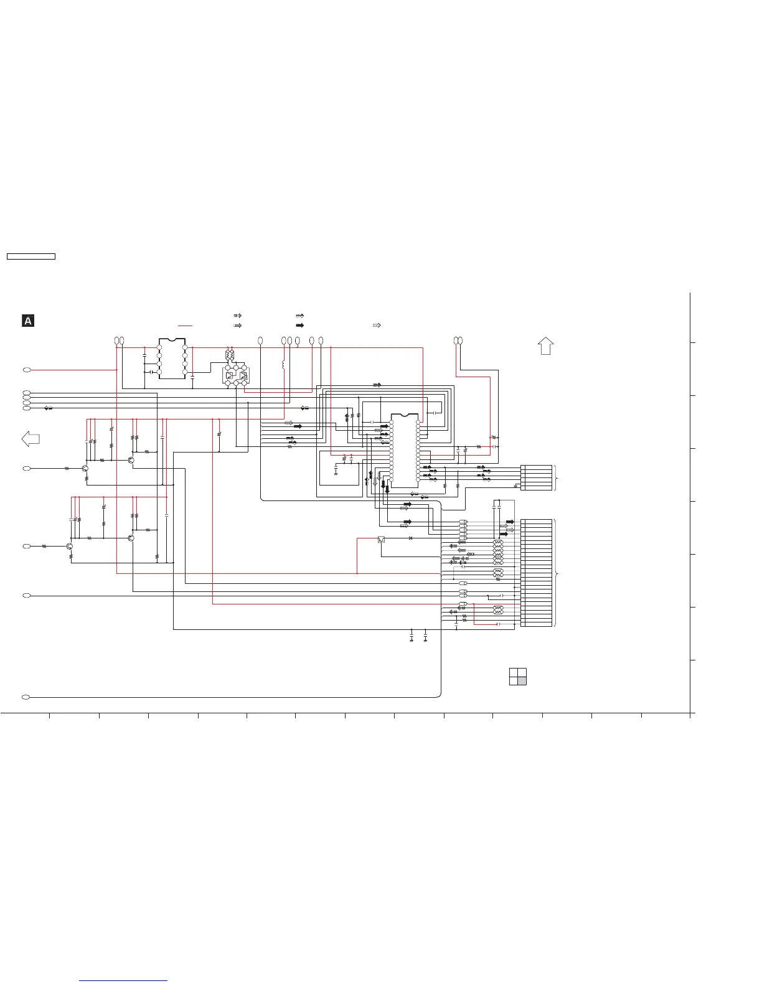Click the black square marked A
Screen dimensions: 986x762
point(28,321)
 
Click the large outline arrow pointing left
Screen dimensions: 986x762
point(31,439)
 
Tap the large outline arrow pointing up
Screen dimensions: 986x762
point(545,345)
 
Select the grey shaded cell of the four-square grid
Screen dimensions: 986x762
point(522,680)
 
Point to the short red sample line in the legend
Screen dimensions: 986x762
point(186,326)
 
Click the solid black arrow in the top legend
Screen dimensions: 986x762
point(299,326)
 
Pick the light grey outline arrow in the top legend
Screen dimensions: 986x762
point(377,326)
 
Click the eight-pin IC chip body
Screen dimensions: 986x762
point(172,359)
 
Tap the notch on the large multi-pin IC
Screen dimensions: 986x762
point(404,415)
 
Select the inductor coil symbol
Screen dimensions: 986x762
point(284,365)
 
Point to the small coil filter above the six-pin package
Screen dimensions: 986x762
point(229,355)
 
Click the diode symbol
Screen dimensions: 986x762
point(411,538)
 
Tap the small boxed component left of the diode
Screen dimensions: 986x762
point(382,539)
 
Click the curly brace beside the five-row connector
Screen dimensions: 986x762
point(557,477)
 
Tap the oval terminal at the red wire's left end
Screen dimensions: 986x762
point(27,370)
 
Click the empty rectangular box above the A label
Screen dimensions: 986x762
point(31,256)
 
